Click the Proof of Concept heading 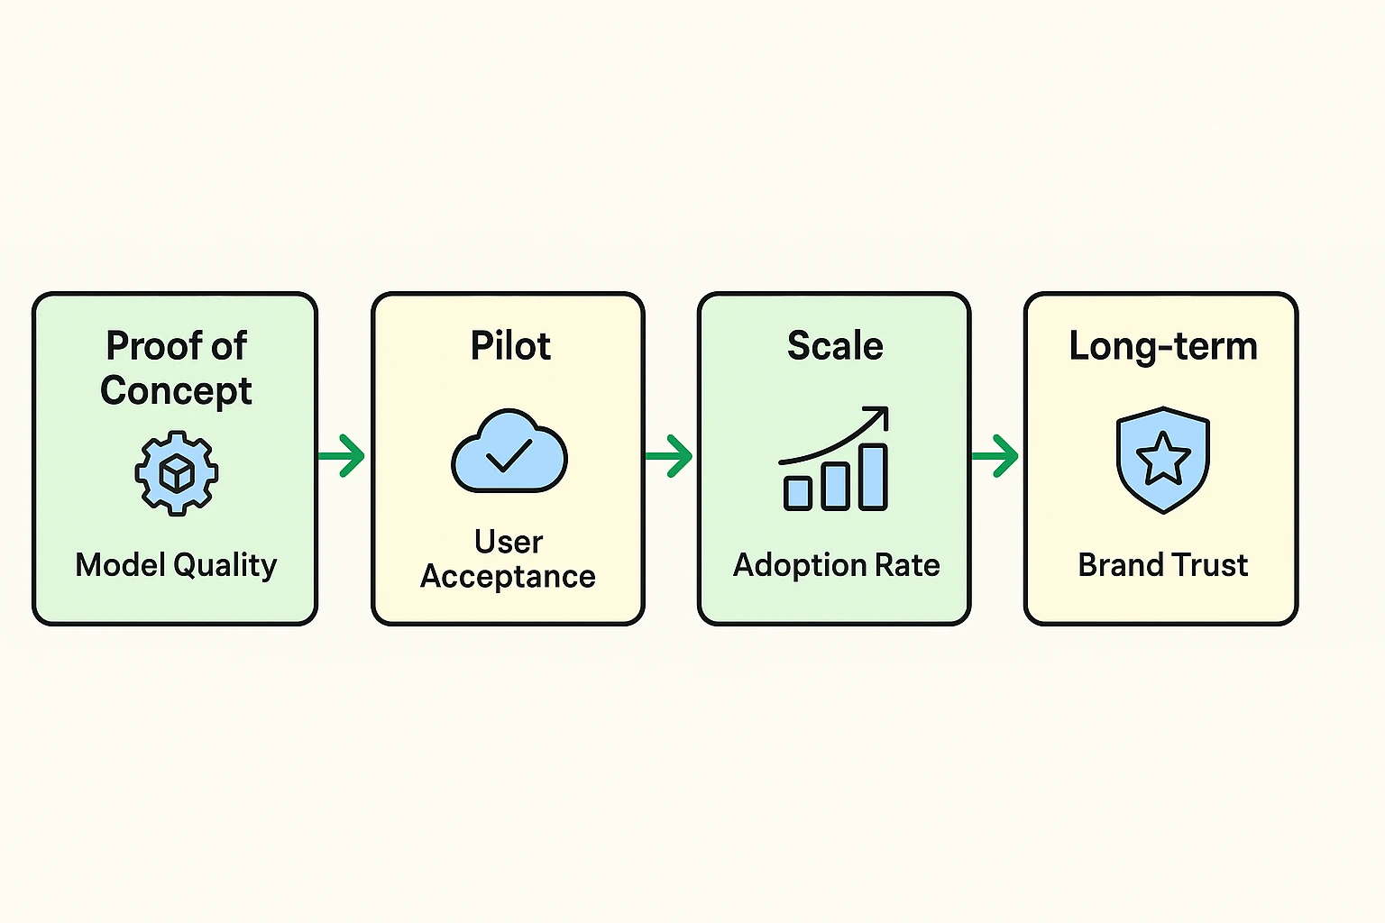tap(176, 368)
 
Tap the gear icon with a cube tap(177, 473)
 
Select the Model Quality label tap(176, 565)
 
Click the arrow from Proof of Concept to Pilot tap(344, 455)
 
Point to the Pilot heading tap(510, 346)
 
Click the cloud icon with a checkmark tap(509, 452)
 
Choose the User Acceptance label tap(509, 559)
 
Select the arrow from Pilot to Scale tap(670, 455)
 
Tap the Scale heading tap(835, 346)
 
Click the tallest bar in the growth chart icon tap(873, 478)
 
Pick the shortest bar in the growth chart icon tap(798, 493)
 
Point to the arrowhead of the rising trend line tap(880, 416)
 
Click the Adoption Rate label tap(836, 565)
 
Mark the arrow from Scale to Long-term tap(996, 455)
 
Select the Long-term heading tap(1162, 346)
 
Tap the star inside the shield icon tap(1163, 459)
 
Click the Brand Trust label tap(1162, 565)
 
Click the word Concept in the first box tap(176, 391)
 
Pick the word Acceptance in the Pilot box tap(509, 577)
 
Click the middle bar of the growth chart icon tap(836, 486)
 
